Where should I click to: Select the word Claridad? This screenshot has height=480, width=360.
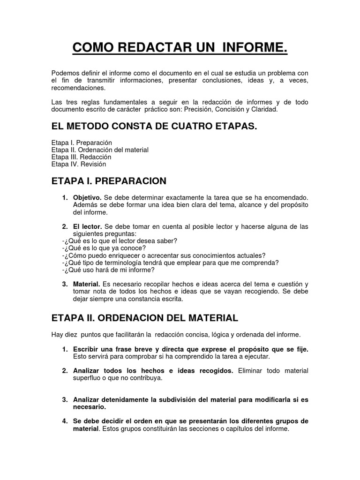coord(265,109)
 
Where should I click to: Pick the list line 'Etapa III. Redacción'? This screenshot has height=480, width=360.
coord(81,157)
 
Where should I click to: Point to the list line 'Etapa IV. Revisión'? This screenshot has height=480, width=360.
coord(79,164)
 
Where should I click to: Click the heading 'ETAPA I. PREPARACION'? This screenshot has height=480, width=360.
coord(109,181)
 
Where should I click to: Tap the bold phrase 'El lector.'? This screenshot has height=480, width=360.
coord(87,227)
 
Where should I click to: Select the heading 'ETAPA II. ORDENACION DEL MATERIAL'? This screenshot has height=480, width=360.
coord(144,318)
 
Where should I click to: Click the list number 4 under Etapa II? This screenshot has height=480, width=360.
coord(64,421)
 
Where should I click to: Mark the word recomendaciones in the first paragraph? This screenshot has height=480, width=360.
coord(78,88)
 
